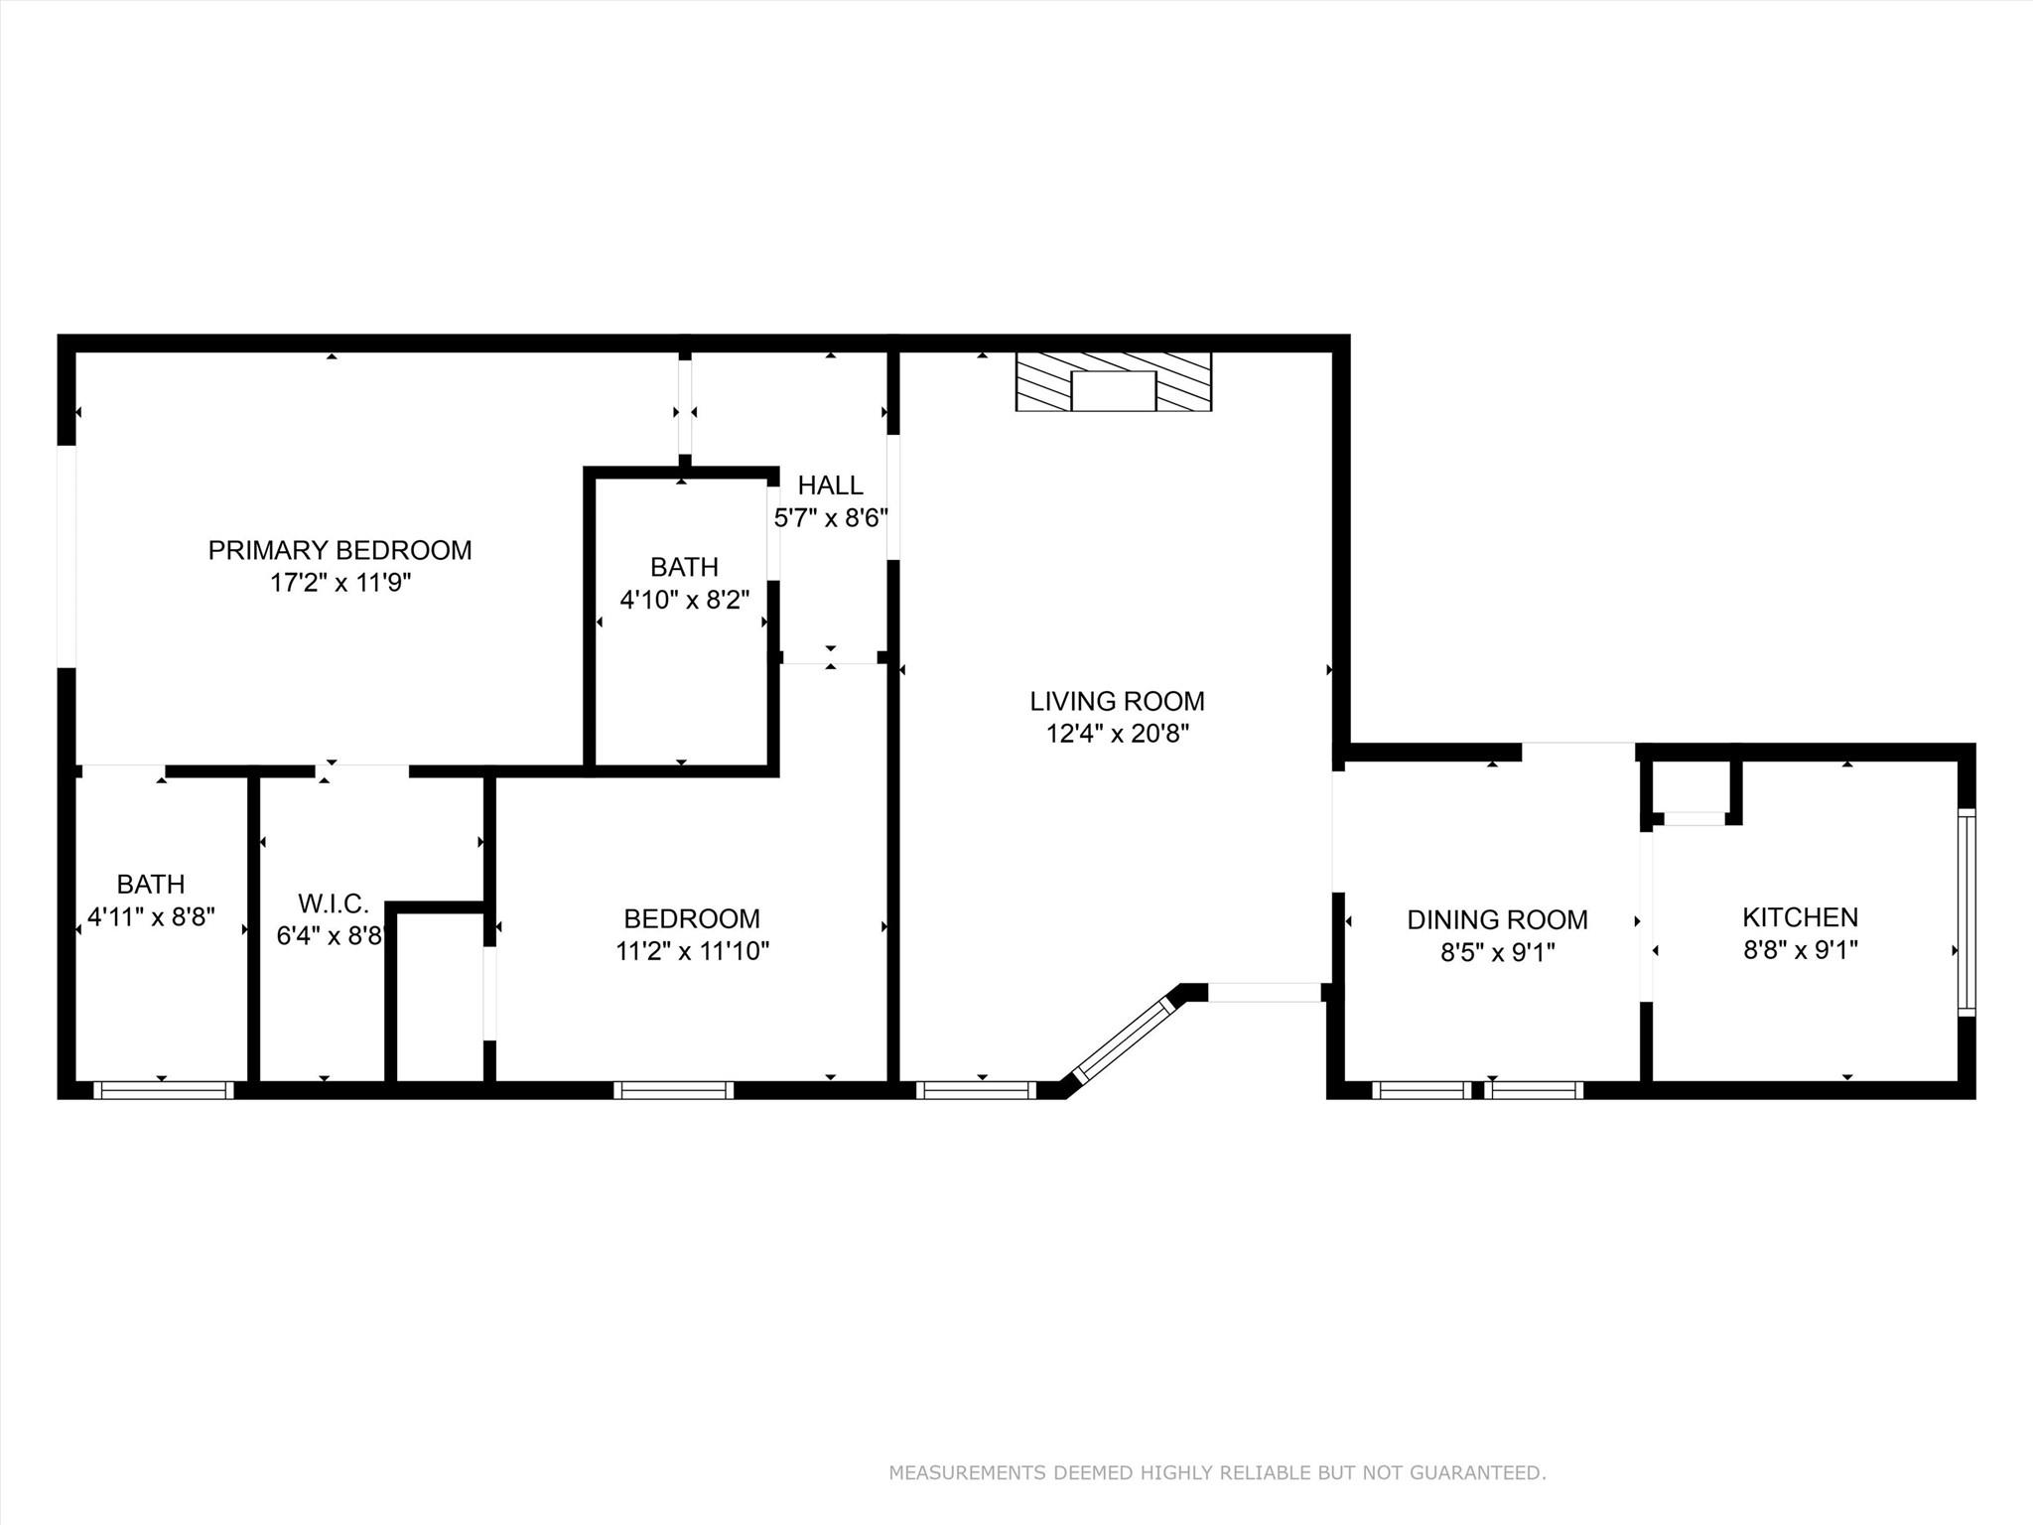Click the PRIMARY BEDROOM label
point(339,550)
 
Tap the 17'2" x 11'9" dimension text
point(339,583)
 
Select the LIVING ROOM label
point(1117,701)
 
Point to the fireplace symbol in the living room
point(1113,382)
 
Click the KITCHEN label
point(1800,916)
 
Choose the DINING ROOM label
point(1497,920)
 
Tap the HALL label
point(830,485)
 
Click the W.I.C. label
point(334,903)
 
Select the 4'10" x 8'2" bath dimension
point(684,600)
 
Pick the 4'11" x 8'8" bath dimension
point(151,916)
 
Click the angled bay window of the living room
point(1125,1039)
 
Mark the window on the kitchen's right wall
point(1965,912)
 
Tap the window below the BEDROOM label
point(673,1089)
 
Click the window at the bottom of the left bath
point(164,1089)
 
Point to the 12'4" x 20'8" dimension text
point(1117,734)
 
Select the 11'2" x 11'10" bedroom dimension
point(692,951)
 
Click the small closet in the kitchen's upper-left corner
point(1693,787)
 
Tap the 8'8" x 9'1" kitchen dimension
point(1800,949)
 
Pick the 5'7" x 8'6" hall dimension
point(830,518)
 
